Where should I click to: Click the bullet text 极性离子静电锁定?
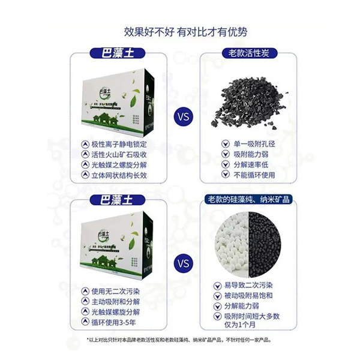coord(118,144)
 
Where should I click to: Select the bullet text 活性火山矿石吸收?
coord(118,154)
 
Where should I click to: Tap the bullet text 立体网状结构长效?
coord(118,176)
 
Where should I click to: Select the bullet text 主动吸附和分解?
coord(114,301)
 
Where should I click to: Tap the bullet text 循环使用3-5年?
coord(114,322)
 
